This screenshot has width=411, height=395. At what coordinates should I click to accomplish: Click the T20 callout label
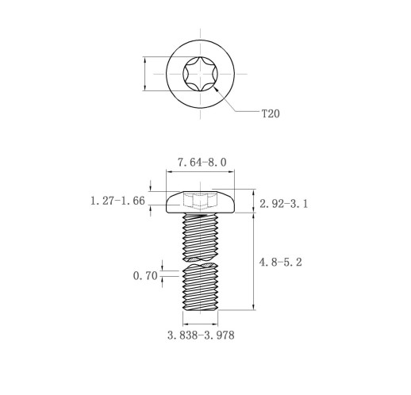(x=271, y=113)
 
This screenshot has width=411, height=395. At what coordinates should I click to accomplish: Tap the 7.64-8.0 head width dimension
(x=202, y=163)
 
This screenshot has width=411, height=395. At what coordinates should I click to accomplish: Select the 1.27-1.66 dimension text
(x=117, y=201)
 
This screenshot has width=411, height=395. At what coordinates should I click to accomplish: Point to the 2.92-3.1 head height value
(x=284, y=204)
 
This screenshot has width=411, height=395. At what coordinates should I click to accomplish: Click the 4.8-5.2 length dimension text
(x=280, y=263)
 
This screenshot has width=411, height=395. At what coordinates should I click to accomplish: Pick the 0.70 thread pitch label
(x=145, y=276)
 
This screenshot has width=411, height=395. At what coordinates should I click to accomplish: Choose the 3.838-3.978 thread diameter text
(x=201, y=336)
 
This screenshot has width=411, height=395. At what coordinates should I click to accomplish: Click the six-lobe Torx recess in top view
(x=200, y=74)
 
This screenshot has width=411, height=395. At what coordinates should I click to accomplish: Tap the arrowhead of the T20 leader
(x=216, y=89)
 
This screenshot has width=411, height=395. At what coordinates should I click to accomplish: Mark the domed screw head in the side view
(x=200, y=201)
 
